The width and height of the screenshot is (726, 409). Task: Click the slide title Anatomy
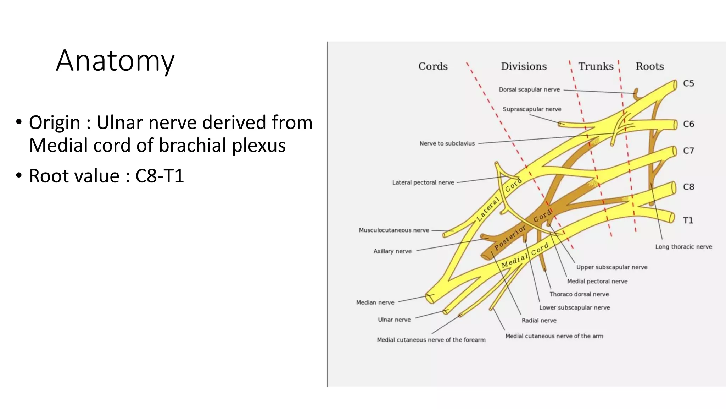[115, 61]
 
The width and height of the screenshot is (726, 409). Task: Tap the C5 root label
[688, 83]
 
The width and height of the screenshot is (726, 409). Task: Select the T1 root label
[688, 220]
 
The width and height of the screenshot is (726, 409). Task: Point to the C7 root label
[688, 151]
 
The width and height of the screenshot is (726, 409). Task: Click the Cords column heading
[433, 66]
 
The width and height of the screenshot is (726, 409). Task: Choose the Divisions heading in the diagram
[524, 66]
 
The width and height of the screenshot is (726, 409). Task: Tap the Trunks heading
[596, 66]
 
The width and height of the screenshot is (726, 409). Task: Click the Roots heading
[649, 66]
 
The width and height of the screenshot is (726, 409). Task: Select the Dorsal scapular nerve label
[529, 90]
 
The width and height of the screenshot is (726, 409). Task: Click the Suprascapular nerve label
[532, 109]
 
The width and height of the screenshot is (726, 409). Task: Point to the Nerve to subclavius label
[447, 143]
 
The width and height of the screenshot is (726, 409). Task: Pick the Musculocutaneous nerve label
[394, 230]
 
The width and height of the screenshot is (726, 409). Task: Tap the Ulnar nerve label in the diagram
[394, 320]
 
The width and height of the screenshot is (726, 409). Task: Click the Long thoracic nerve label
[683, 247]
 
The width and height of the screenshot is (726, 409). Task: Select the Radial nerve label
[539, 320]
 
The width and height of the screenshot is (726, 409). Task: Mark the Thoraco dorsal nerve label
[579, 294]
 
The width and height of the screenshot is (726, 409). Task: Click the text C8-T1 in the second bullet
[160, 176]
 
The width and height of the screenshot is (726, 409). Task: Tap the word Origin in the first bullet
[54, 122]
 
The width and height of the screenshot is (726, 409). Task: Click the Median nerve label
[375, 302]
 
